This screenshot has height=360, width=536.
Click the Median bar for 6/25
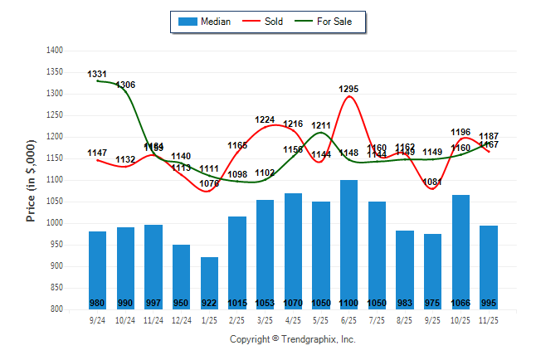click(x=348, y=241)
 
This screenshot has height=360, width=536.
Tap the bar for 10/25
click(x=461, y=249)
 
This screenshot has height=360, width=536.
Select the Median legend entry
click(x=207, y=22)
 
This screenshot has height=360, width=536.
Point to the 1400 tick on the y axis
click(x=55, y=51)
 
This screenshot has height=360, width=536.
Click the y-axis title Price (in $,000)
click(x=31, y=180)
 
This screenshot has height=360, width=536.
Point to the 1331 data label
click(x=97, y=75)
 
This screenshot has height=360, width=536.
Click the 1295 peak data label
click(x=348, y=89)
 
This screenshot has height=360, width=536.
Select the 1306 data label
click(x=126, y=85)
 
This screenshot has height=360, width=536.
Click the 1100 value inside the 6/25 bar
click(x=348, y=303)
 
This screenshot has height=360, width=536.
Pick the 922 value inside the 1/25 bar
click(x=209, y=303)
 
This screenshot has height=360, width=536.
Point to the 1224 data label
click(x=265, y=119)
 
